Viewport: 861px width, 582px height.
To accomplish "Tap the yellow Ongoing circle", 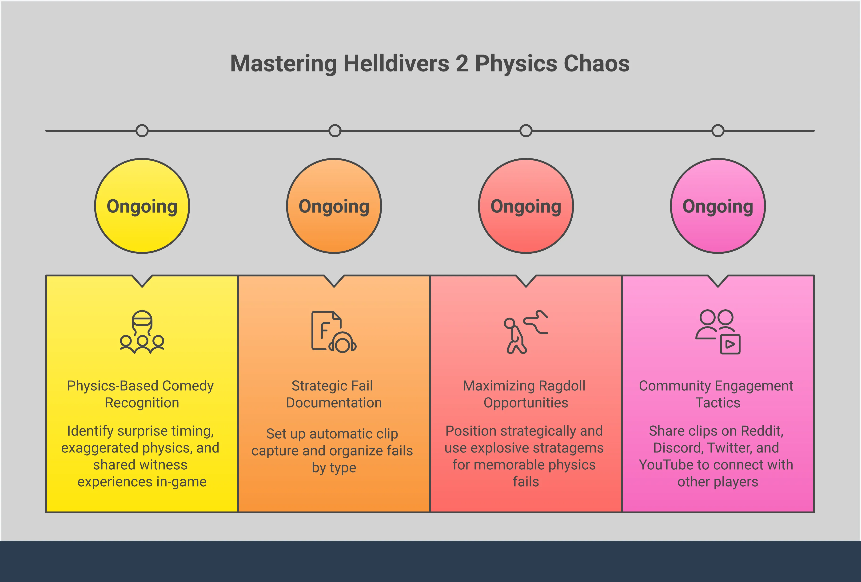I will point(142,206).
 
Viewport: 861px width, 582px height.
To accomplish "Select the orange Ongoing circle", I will point(334,206).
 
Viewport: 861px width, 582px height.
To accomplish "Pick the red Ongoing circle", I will point(526,206).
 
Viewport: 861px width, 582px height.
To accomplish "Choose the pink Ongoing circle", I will point(718,206).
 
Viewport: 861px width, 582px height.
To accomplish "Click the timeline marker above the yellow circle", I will point(142,131).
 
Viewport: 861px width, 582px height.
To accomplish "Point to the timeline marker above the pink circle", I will point(718,131).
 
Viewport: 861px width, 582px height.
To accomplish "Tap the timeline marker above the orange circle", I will point(335,131).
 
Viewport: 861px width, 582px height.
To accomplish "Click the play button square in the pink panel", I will point(730,344).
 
